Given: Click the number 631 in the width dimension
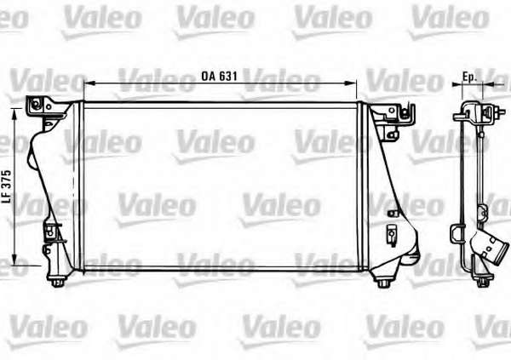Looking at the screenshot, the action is [227, 76].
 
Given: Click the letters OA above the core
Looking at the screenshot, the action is [208, 76].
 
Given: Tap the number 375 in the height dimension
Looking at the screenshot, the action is [7, 180].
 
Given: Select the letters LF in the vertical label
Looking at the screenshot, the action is [7, 197].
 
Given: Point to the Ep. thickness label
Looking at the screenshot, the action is [469, 77].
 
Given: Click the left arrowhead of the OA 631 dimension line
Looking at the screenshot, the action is [89, 83].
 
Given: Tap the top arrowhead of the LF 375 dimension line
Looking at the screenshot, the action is [14, 114].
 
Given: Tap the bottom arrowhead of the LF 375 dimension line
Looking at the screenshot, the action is [14, 260].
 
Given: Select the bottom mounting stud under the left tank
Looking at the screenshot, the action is [58, 282].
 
